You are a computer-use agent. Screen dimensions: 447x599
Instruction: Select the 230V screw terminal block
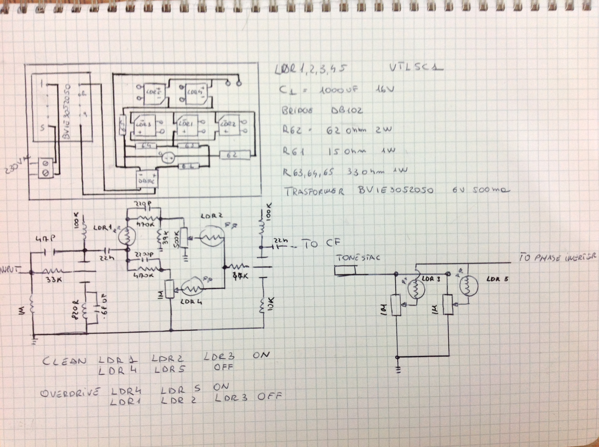tap(46, 168)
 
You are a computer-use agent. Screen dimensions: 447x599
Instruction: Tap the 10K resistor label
tap(272, 305)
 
